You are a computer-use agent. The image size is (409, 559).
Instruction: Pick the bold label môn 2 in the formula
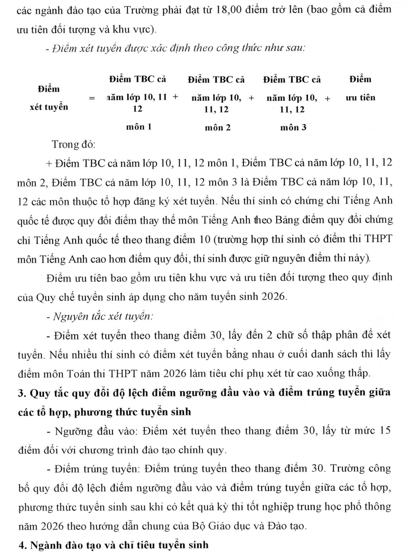pyautogui.click(x=218, y=127)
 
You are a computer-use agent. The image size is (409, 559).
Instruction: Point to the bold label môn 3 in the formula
pyautogui.click(x=293, y=127)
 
